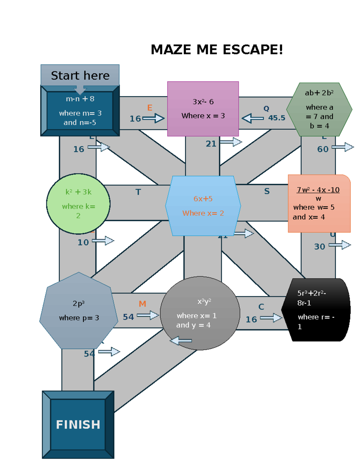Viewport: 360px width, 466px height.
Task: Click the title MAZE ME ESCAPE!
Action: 217,50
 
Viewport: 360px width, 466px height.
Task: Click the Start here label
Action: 80,75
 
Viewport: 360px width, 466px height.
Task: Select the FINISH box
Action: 78,424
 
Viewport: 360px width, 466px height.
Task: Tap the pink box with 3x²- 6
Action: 203,109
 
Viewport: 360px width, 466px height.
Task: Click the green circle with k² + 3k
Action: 78,204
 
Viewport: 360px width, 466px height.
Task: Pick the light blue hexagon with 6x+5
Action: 203,206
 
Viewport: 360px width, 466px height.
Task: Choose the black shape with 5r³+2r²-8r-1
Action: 316,310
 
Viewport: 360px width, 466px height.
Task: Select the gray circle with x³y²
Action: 200,313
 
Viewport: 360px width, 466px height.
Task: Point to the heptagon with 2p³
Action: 79,311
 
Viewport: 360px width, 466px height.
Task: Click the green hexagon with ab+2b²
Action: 319,109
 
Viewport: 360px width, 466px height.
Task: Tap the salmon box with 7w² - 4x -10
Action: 319,203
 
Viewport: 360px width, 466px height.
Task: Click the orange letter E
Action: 150,108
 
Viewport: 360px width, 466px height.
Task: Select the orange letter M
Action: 142,304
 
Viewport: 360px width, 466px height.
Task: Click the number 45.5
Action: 277,118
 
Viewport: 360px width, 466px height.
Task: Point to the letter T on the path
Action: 138,192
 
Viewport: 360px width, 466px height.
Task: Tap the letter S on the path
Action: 267,191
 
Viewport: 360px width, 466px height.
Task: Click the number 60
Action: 323,149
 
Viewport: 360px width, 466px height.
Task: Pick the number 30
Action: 319,247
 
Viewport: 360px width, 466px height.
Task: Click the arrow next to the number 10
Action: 103,241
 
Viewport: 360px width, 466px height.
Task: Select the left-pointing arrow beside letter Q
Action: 253,118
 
